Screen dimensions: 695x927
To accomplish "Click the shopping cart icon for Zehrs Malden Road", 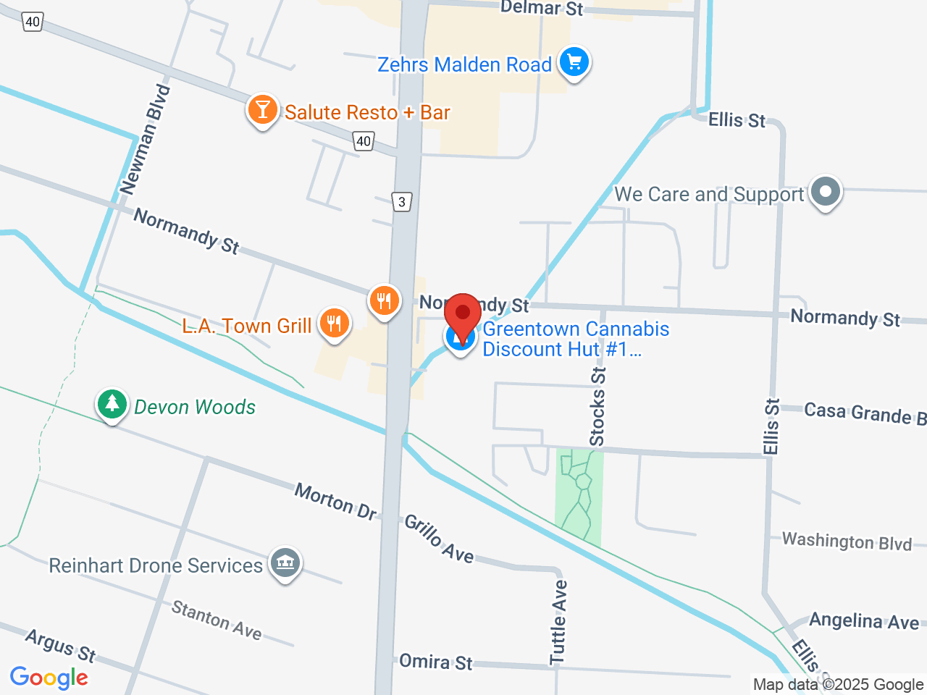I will (574, 62).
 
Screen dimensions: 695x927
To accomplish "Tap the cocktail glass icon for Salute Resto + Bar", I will (262, 110).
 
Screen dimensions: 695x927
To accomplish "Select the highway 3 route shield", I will (402, 201).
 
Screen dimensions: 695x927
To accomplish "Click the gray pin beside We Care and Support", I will (825, 192).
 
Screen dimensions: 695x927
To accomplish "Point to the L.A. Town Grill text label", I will (246, 327).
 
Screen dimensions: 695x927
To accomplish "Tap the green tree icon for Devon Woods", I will (112, 404).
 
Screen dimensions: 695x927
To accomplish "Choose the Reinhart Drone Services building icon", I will (285, 563).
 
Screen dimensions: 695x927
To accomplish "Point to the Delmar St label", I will (541, 9).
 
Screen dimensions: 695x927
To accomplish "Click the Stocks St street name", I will (597, 406).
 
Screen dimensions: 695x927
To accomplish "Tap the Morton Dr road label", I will (335, 501).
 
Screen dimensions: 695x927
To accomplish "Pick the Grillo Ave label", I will (439, 539).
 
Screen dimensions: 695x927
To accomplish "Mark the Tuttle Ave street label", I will (558, 622).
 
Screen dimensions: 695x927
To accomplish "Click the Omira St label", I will (435, 662).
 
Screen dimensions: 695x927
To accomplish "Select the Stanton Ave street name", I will (216, 620).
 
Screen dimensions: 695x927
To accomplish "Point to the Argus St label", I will (60, 645).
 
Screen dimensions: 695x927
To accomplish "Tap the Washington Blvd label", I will (847, 542).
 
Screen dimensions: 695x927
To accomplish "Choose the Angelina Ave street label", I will (863, 621).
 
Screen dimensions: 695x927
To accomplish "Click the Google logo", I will (49, 678).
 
